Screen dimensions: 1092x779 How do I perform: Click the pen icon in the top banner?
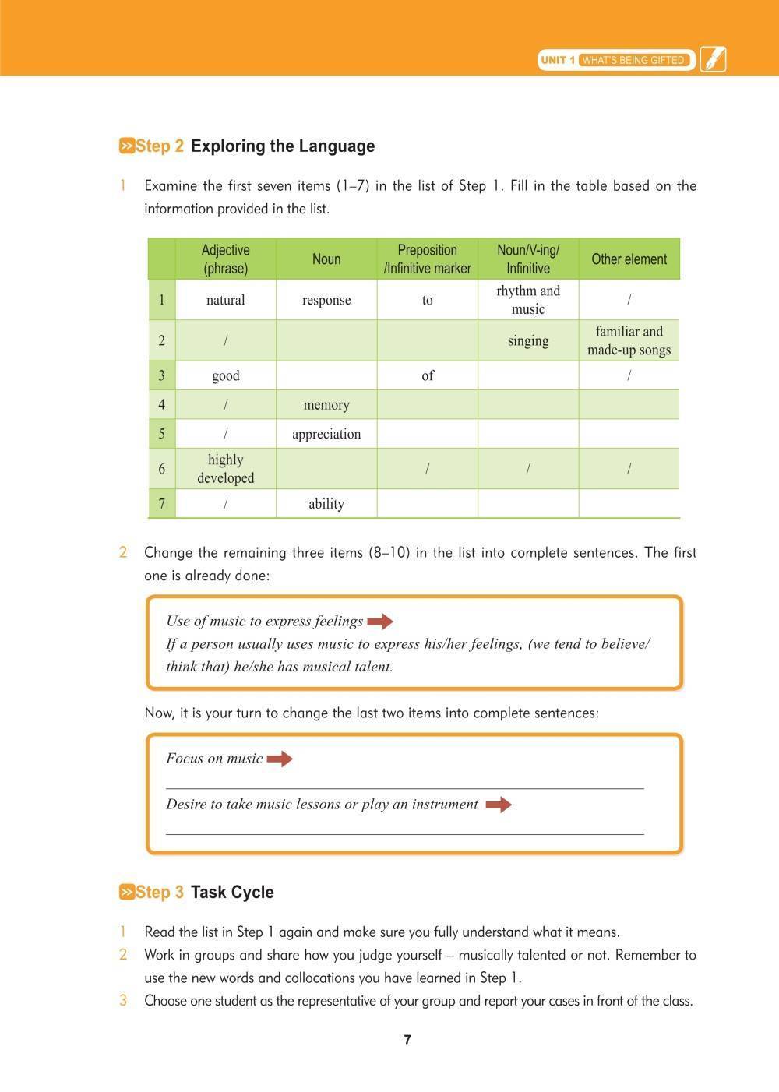pos(713,59)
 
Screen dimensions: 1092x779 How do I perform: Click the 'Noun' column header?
pos(326,259)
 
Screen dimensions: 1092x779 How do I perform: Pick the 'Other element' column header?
pos(629,259)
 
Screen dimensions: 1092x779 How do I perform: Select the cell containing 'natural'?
pos(226,300)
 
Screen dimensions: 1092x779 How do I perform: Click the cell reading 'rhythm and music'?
pos(528,300)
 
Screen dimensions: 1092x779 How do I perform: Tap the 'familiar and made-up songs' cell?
pos(629,341)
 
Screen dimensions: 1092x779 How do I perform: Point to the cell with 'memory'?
pos(326,405)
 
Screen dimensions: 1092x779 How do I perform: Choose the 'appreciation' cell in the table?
pos(326,434)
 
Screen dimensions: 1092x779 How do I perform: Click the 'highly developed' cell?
pos(226,469)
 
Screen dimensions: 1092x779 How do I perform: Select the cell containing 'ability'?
pos(326,504)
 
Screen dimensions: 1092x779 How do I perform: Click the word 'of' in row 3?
pos(428,375)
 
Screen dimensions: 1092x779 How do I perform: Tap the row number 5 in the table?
pos(162,434)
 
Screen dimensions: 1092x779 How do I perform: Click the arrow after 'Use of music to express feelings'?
pos(380,622)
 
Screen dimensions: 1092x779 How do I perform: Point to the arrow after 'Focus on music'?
pos(280,759)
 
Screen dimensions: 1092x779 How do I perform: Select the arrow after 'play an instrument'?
pos(499,805)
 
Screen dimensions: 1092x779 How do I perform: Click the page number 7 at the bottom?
pos(407,1040)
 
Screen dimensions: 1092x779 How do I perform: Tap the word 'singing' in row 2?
pos(528,341)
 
